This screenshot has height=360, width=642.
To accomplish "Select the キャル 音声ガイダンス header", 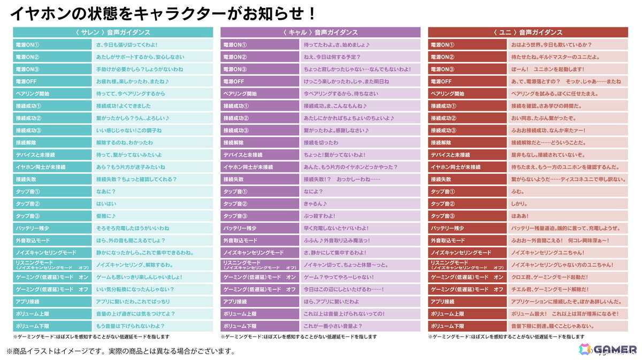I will pyautogui.click(x=320, y=33).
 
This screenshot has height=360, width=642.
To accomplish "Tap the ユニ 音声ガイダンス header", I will pyautogui.click(x=528, y=33).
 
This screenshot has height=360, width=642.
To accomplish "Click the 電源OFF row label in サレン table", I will pyautogui.click(x=52, y=81).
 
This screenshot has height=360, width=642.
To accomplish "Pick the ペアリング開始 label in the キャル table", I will pyautogui.click(x=260, y=94).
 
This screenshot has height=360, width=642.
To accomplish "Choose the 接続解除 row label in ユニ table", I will pyautogui.click(x=468, y=143).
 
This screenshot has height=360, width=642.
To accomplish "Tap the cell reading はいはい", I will pyautogui.click(x=106, y=204).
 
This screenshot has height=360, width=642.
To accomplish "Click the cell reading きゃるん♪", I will pyautogui.click(x=315, y=204).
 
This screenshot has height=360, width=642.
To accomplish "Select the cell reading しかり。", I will pyautogui.click(x=519, y=204).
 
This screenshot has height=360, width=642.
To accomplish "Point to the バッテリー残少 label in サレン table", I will pyautogui.click(x=52, y=228).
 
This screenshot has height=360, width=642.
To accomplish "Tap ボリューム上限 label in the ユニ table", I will pyautogui.click(x=468, y=314).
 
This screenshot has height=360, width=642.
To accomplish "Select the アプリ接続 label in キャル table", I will pyautogui.click(x=260, y=302).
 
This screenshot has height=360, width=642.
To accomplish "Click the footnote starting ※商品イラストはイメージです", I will pyautogui.click(x=120, y=351).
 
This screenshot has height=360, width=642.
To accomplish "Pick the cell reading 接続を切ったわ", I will pyautogui.click(x=321, y=143).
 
